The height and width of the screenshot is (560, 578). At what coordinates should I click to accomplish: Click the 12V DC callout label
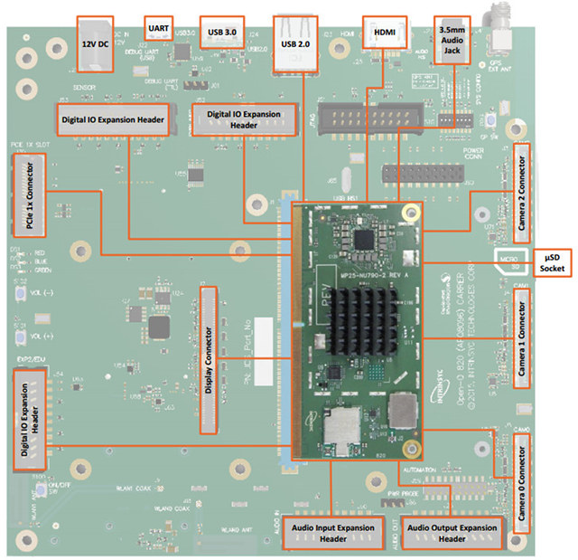pyautogui.click(x=94, y=43)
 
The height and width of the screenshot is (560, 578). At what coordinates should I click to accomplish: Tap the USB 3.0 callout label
pyautogui.click(x=221, y=31)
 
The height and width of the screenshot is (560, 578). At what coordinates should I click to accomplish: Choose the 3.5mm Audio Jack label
pyautogui.click(x=449, y=41)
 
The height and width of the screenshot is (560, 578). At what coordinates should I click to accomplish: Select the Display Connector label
pyautogui.click(x=208, y=359)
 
